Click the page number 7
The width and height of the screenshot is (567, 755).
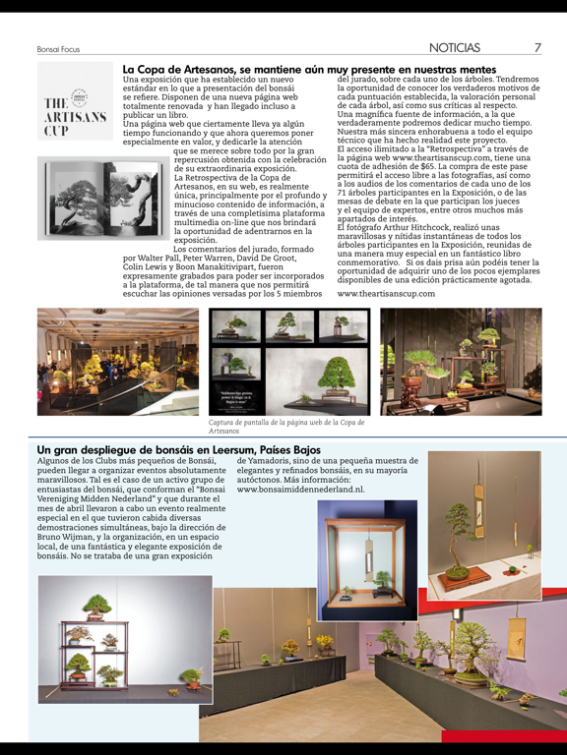coord(537,47)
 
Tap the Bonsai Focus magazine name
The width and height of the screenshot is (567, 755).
coord(58,48)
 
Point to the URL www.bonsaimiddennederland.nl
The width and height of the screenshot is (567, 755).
coord(300,489)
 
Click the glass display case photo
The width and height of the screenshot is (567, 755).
coord(366,560)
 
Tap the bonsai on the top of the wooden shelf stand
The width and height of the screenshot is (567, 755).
coord(95,607)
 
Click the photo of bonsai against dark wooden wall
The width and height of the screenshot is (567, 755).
coord(461,361)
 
